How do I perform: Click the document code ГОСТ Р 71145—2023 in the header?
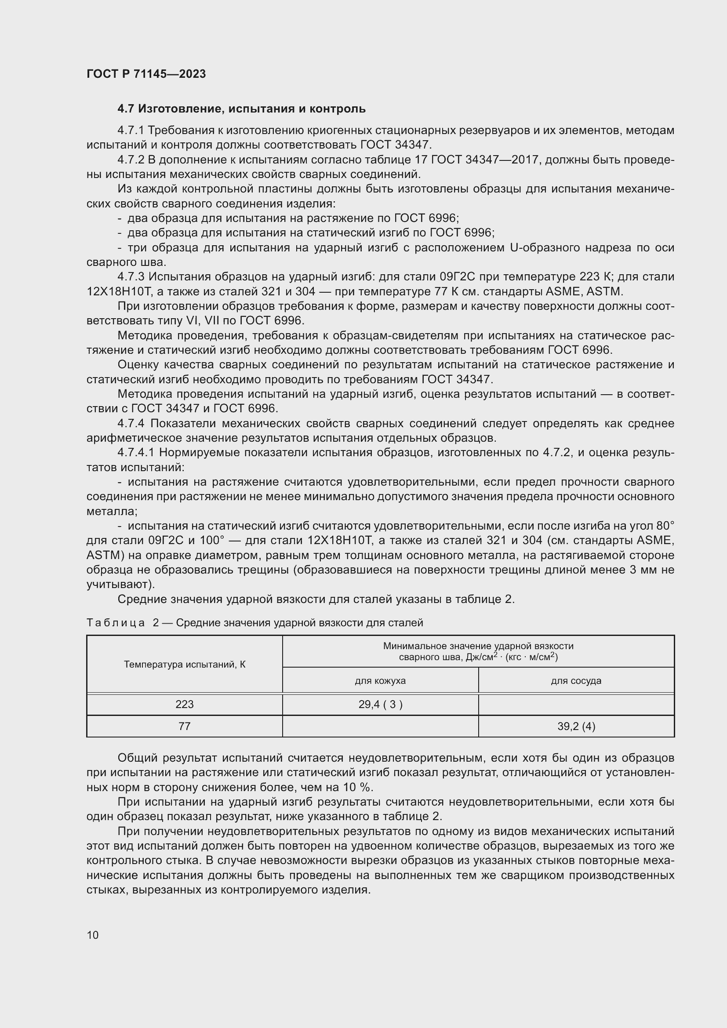146,74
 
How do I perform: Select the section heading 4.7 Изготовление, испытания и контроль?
241,109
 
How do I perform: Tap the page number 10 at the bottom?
93,935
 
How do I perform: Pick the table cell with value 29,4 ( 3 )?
380,704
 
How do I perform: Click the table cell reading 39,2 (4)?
576,726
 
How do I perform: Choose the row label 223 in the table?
185,704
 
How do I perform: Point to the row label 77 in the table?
185,726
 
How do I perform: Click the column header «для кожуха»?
380,680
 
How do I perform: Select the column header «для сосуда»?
576,680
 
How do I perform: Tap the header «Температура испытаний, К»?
185,665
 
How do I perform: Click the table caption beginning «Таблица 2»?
254,623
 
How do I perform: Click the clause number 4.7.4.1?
138,453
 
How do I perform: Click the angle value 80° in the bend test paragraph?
665,526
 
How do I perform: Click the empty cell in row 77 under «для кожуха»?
380,726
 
